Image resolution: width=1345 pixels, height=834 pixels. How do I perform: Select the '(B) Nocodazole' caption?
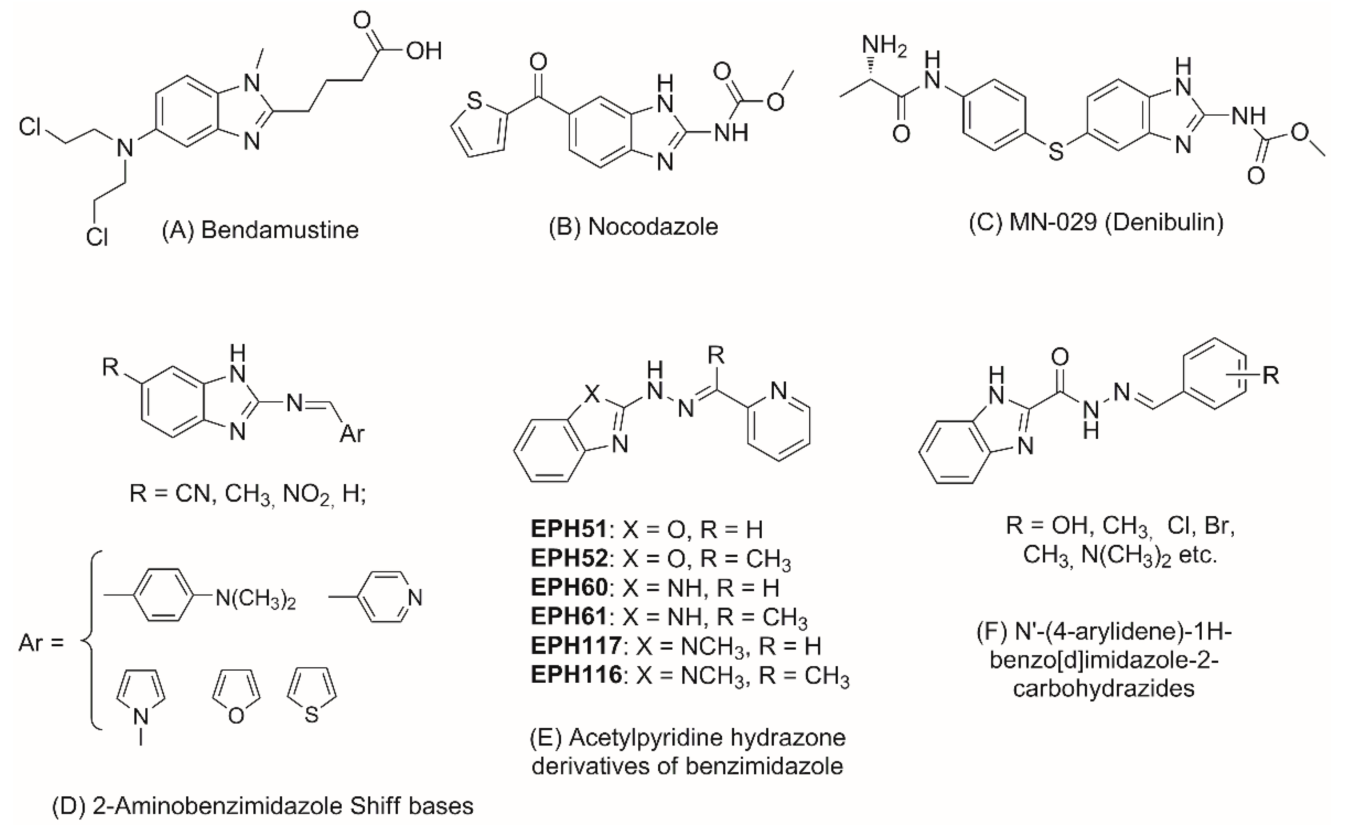(633, 227)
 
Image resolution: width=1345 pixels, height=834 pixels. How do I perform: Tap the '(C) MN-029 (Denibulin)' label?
(1096, 222)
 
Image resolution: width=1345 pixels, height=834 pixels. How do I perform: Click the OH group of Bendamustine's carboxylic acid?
(424, 51)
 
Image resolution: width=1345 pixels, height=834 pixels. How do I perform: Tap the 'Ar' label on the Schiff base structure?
(352, 434)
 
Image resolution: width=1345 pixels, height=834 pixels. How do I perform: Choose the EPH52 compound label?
(568, 558)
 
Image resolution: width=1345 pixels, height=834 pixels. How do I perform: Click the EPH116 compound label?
(576, 675)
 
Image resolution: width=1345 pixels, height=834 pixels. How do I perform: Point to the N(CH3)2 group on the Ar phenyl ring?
(255, 598)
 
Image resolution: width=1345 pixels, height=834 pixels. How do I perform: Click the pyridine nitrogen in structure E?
(779, 391)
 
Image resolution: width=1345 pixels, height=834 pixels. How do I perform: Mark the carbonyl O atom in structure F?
(1060, 357)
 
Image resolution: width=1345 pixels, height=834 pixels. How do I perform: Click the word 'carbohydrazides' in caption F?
(1103, 689)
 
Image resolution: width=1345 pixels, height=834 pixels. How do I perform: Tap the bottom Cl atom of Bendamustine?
(97, 237)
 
